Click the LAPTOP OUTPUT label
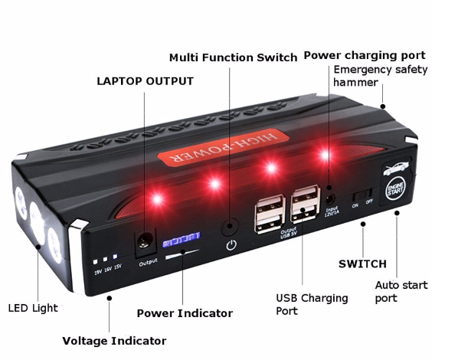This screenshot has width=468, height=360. point(145,81)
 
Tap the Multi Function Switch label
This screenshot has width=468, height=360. point(233,57)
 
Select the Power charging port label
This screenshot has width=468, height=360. point(364,55)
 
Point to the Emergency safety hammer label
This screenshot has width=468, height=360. point(380,76)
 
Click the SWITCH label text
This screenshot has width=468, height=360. point(362,264)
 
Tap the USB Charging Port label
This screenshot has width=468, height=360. point(311,304)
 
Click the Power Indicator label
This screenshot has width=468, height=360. point(185,313)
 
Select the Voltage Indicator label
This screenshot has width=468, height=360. point(113,340)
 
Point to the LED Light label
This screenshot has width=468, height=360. point(33,309)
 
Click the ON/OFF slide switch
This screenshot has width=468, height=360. point(363,193)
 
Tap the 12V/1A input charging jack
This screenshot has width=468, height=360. point(329,191)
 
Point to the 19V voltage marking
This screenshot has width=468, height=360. point(98,270)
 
